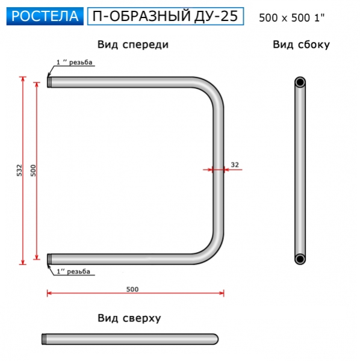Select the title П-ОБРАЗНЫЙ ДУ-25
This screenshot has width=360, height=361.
tap(166, 16)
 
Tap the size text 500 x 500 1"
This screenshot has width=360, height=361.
tap(291, 18)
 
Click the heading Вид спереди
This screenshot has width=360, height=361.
tap(132, 45)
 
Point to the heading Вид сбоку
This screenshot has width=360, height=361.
tap(301, 45)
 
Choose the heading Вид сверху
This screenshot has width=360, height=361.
tap(129, 318)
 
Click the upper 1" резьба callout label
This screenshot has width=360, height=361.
tap(75, 63)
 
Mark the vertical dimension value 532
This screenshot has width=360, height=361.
tap(19, 170)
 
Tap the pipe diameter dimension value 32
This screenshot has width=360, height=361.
tap(235, 164)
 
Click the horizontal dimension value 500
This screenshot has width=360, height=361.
tap(132, 289)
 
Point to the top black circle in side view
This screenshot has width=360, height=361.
tap(300, 82)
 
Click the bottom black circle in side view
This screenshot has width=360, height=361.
tap(300, 259)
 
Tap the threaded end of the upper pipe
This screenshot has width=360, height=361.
tap(50, 82)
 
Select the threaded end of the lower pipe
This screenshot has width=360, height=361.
tap(50, 259)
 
